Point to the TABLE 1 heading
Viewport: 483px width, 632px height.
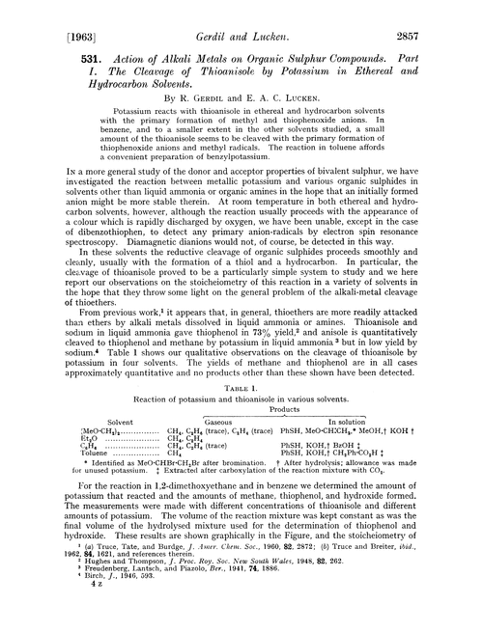coord(241,393)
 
